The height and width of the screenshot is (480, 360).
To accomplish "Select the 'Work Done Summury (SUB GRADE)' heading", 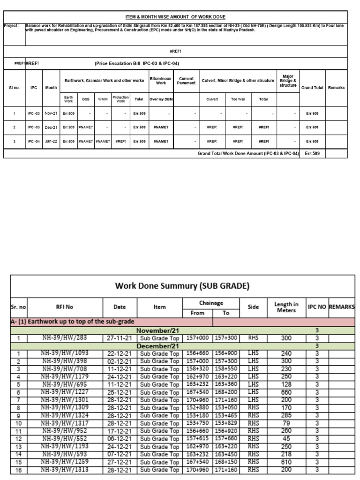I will pyautogui.click(x=182, y=285).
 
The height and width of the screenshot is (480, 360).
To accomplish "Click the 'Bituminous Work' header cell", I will pyautogui.click(x=161, y=81).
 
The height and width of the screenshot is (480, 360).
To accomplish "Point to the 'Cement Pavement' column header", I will pyautogui.click(x=187, y=81).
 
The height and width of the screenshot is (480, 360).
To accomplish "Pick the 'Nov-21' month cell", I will pyautogui.click(x=51, y=113).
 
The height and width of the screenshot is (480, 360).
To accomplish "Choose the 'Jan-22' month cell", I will pyautogui.click(x=51, y=141).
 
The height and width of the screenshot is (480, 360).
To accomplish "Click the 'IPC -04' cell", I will pyautogui.click(x=34, y=141).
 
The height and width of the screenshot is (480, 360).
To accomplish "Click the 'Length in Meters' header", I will pyautogui.click(x=286, y=307).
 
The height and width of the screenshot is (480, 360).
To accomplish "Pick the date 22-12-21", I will pyautogui.click(x=120, y=353).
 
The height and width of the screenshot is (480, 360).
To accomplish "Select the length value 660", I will pyautogui.click(x=286, y=392).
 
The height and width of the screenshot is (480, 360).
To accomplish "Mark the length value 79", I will pyautogui.click(x=286, y=423).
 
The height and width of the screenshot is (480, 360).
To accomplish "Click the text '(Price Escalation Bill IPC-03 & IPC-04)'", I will pyautogui.click(x=137, y=63).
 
